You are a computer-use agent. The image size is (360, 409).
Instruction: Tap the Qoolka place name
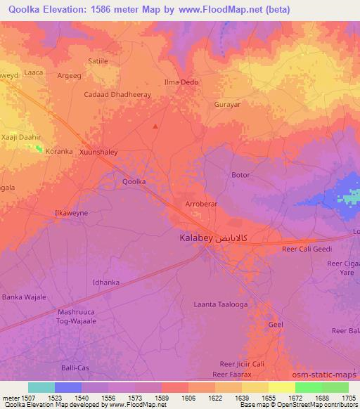click(134, 181)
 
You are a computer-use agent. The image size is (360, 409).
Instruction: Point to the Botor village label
click(240, 174)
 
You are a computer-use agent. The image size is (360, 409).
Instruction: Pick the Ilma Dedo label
click(181, 82)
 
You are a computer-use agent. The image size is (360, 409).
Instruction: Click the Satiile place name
click(97, 61)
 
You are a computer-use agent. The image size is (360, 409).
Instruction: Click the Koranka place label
click(59, 151)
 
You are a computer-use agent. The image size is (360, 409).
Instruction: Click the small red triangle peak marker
click(155, 126)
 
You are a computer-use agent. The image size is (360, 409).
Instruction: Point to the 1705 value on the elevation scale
click(349, 398)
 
